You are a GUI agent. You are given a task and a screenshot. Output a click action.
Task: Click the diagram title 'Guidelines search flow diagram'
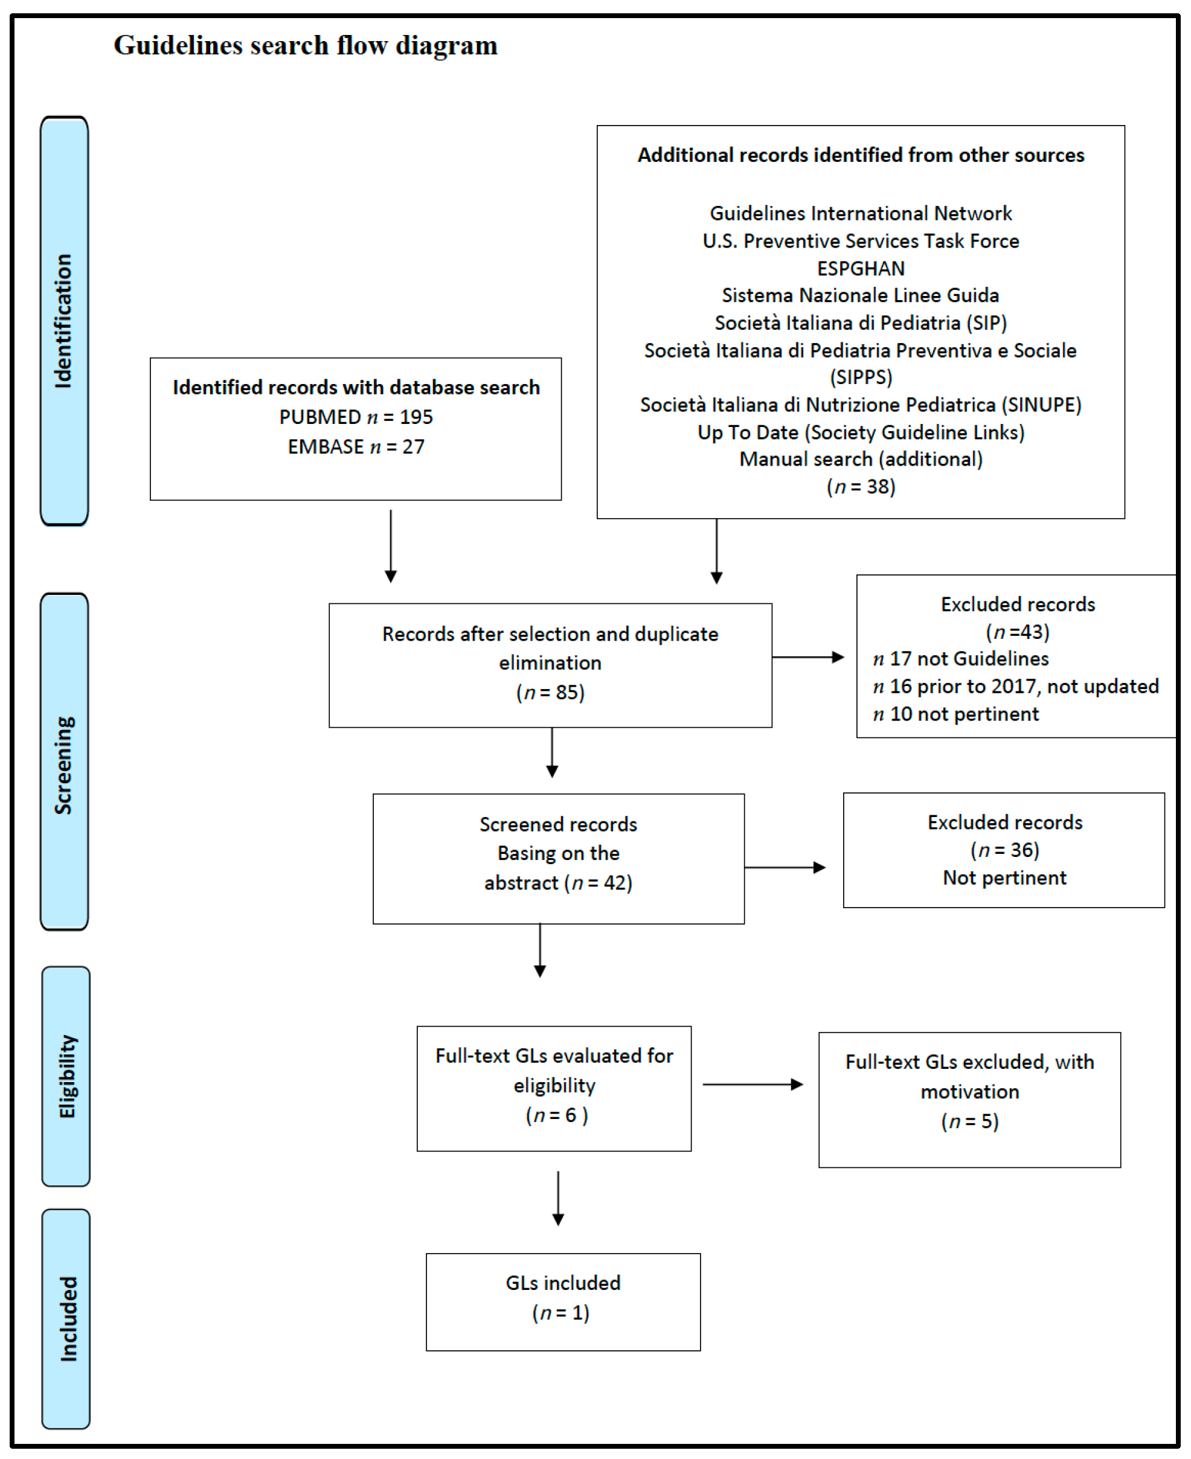coord(305,46)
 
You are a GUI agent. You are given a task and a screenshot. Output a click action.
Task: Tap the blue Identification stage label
coord(64,321)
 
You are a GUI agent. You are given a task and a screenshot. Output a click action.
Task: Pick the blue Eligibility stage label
coord(66,1077)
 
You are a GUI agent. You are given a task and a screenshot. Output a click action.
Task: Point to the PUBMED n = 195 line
coord(355,417)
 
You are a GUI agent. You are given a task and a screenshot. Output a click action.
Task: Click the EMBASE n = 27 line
coord(355,446)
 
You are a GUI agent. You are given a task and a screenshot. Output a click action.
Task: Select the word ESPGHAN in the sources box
coord(860,268)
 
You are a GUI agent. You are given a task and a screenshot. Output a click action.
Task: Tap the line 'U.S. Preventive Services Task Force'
coord(860,241)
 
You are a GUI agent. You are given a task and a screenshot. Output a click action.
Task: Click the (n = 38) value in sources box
coord(860,486)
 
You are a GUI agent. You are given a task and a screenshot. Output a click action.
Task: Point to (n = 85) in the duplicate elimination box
coord(550,692)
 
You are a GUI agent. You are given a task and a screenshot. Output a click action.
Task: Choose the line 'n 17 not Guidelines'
coord(960,658)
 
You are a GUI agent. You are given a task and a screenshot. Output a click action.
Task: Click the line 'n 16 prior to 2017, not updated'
coord(1015,686)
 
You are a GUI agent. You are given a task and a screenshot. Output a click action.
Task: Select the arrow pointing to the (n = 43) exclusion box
coord(808,657)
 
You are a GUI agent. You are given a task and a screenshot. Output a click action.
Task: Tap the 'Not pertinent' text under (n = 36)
coord(1004,877)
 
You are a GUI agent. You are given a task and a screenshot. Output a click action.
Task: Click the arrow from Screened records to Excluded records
coord(785,867)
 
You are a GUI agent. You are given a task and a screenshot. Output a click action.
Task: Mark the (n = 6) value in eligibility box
coord(556,1115)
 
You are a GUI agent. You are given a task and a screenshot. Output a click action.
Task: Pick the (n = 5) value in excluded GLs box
coord(969,1121)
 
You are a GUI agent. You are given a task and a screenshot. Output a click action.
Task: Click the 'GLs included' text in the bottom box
coord(562,1283)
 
